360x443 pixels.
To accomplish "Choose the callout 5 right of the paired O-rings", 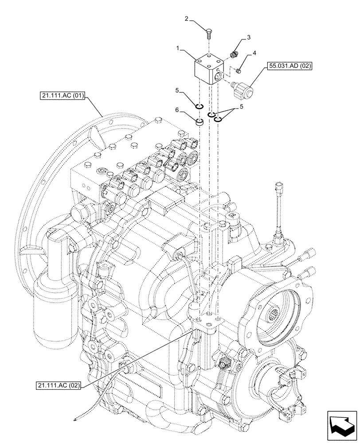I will coord(241,107).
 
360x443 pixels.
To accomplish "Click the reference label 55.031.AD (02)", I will coord(290,66).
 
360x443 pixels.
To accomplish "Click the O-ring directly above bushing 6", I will coord(200,106).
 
